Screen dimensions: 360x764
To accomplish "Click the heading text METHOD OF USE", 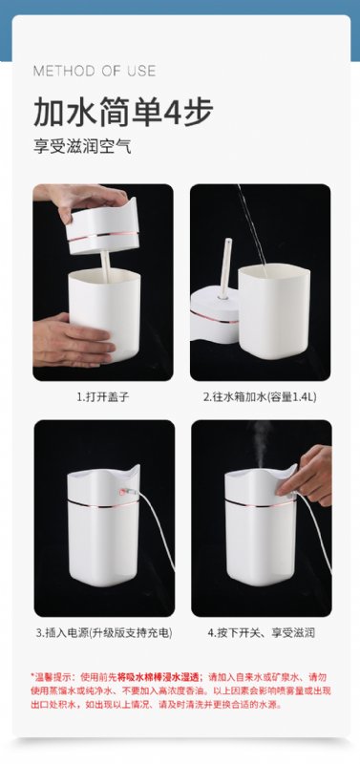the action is point(95,71).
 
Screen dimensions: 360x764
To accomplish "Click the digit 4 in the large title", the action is point(173,113).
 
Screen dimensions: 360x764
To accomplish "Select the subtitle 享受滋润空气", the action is point(82,147).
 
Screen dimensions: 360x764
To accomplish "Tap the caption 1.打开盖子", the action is point(103,397).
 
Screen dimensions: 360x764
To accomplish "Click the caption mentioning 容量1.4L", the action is point(260,397).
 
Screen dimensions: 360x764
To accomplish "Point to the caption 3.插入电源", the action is point(104,633).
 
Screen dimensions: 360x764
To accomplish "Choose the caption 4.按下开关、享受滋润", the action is point(261,633).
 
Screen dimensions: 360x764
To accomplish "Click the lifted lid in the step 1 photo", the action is point(103,226).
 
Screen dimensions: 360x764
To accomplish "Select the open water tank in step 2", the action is point(274,311).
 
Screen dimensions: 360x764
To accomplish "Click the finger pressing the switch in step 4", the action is point(286,489).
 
